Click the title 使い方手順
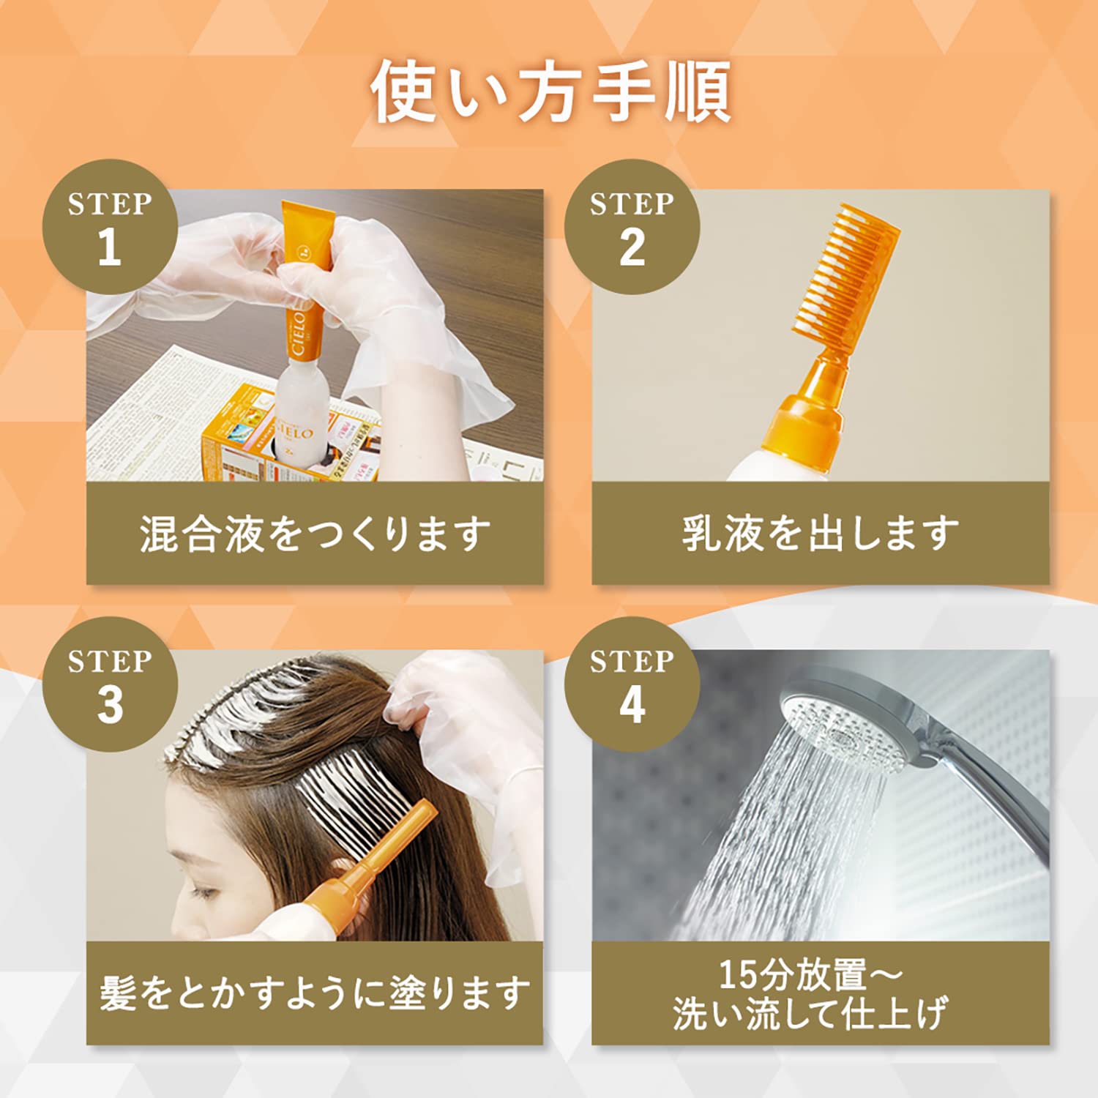(550, 92)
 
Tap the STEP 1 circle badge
(110, 227)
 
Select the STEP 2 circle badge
(632, 227)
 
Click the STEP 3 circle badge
(110, 684)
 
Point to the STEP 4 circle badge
(632, 684)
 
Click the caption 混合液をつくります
(315, 533)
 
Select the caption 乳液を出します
(820, 533)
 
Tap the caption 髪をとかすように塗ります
(315, 993)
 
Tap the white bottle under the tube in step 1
(296, 417)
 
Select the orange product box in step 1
(242, 439)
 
